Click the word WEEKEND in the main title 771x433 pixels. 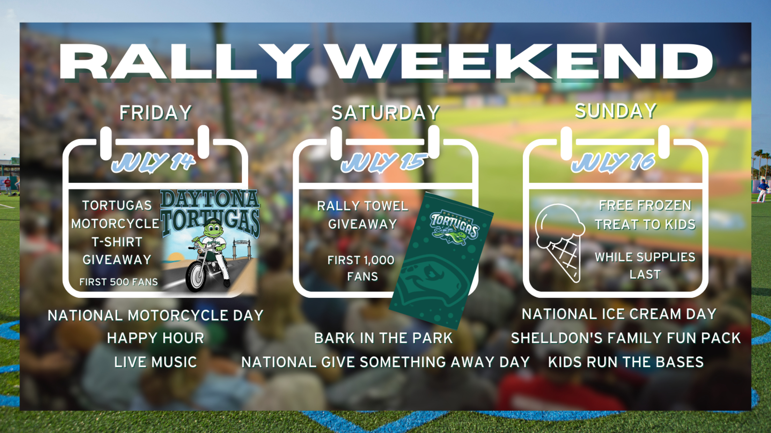(x=521, y=62)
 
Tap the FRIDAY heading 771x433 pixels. (x=156, y=113)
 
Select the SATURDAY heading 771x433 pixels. (x=385, y=113)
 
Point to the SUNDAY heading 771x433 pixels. (x=616, y=111)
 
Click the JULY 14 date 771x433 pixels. (x=154, y=162)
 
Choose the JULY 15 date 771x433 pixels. (x=384, y=162)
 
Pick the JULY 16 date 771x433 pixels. (x=614, y=162)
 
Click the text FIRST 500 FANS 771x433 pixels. (x=119, y=282)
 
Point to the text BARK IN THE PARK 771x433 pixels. (x=383, y=338)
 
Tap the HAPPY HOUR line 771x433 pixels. (x=156, y=338)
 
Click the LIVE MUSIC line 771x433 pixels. (x=156, y=362)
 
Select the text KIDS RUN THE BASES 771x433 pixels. (x=626, y=362)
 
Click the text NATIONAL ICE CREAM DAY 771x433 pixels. (x=619, y=314)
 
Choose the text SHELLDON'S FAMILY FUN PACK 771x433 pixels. (x=626, y=338)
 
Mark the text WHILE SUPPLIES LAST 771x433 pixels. (x=645, y=266)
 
